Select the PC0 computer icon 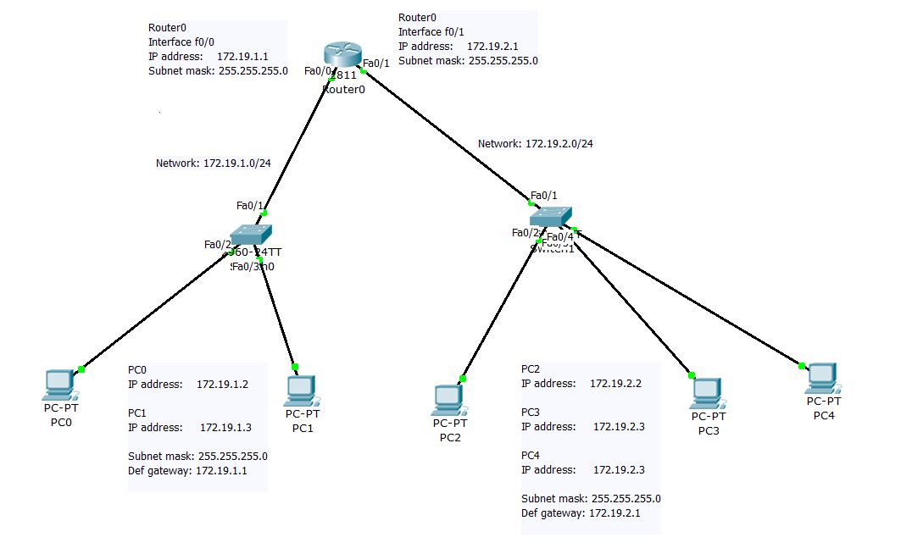58,385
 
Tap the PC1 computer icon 301,391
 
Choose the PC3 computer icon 706,392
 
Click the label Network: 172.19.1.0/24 213,163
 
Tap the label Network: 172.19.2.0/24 535,144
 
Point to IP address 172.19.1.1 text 243,57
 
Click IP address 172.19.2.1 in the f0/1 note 493,46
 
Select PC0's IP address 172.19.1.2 222,384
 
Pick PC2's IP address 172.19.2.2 615,383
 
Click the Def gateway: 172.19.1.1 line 187,470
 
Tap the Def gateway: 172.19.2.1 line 581,513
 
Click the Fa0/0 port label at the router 317,71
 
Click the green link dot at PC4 801,366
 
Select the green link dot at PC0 81,368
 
